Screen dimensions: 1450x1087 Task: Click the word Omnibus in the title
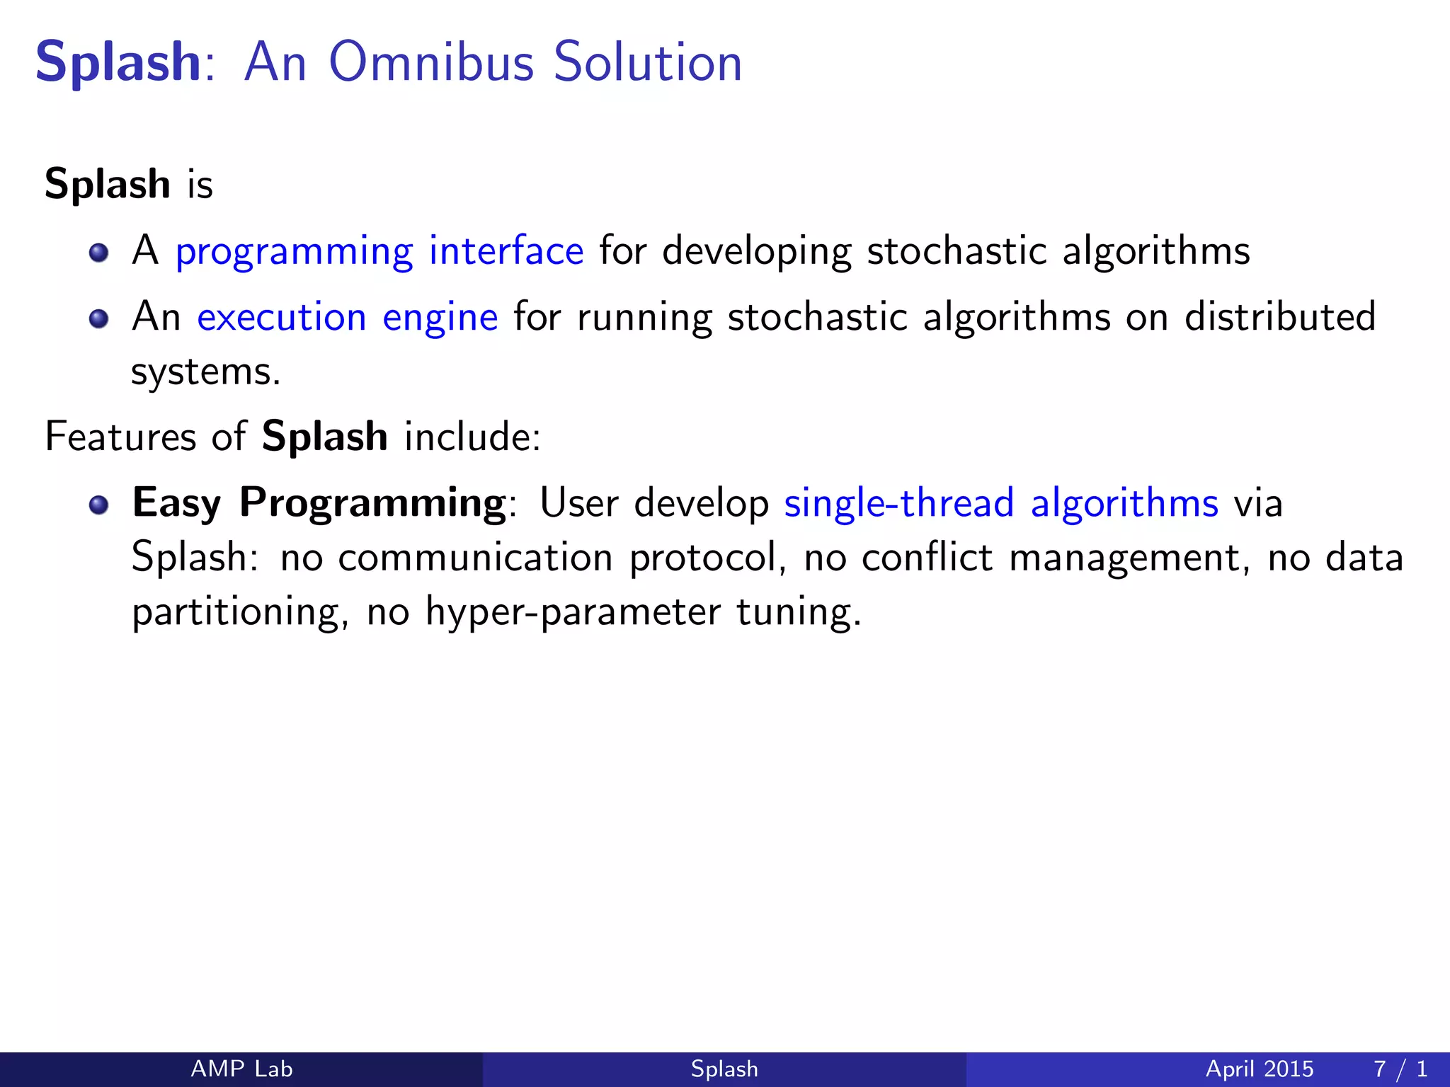(430, 62)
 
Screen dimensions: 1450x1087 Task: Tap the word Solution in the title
(647, 62)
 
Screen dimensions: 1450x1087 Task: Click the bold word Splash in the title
(118, 62)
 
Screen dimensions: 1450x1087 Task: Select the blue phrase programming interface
(379, 251)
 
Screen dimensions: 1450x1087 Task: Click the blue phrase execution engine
(347, 316)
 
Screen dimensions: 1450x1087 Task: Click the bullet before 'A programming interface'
(99, 253)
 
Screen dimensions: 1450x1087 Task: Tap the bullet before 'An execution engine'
(99, 318)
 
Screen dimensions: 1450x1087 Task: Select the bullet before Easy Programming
(99, 505)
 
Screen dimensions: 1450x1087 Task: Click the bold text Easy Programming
(319, 503)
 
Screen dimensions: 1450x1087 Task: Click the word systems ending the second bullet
(205, 372)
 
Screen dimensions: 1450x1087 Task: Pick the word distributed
(1280, 316)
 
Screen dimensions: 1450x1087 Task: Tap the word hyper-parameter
(573, 611)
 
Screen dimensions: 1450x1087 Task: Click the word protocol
(708, 558)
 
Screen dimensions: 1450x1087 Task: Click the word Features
(120, 436)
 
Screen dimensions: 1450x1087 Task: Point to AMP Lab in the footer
(241, 1069)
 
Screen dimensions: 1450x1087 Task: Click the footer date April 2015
(1259, 1069)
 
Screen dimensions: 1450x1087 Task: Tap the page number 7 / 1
(1400, 1069)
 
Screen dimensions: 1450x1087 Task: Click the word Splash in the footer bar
(724, 1069)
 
